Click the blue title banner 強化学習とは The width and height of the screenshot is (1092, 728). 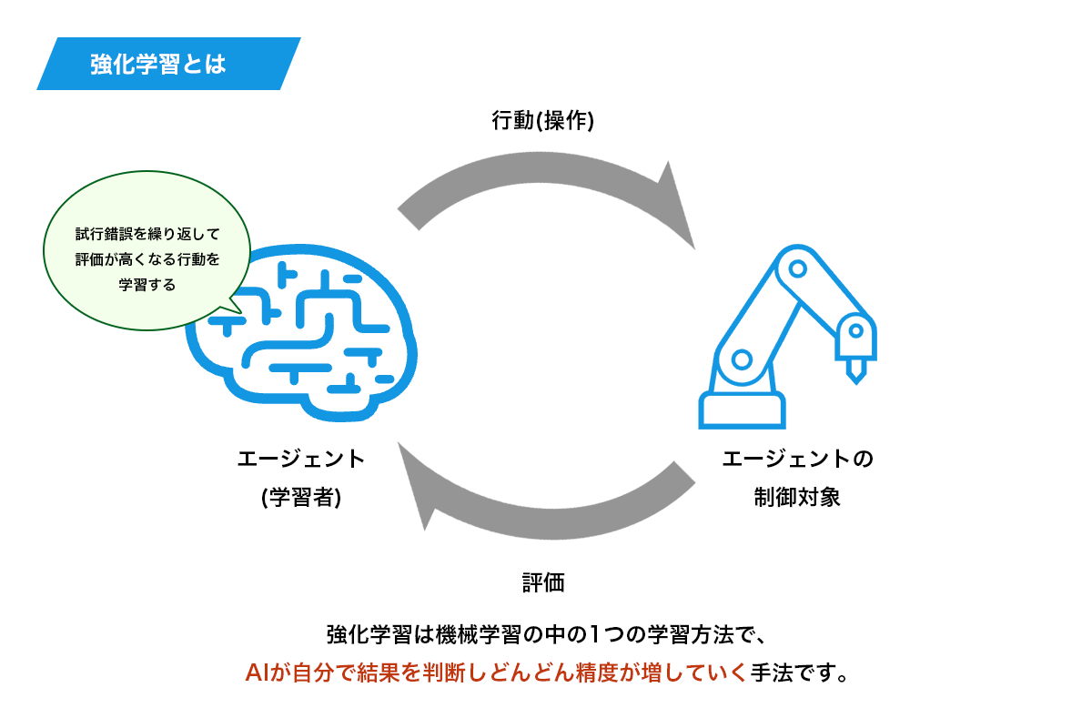tap(168, 64)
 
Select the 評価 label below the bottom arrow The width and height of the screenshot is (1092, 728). tap(543, 583)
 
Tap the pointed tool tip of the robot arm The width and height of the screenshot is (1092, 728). tap(855, 371)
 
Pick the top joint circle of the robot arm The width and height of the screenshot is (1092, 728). tap(797, 269)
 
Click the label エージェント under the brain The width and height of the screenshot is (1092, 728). tap(300, 459)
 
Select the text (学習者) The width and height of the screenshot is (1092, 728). tap(300, 498)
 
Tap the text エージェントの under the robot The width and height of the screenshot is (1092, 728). tap(797, 459)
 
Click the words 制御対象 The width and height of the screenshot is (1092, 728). tap(797, 498)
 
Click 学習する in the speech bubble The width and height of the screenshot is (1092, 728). tap(147, 284)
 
